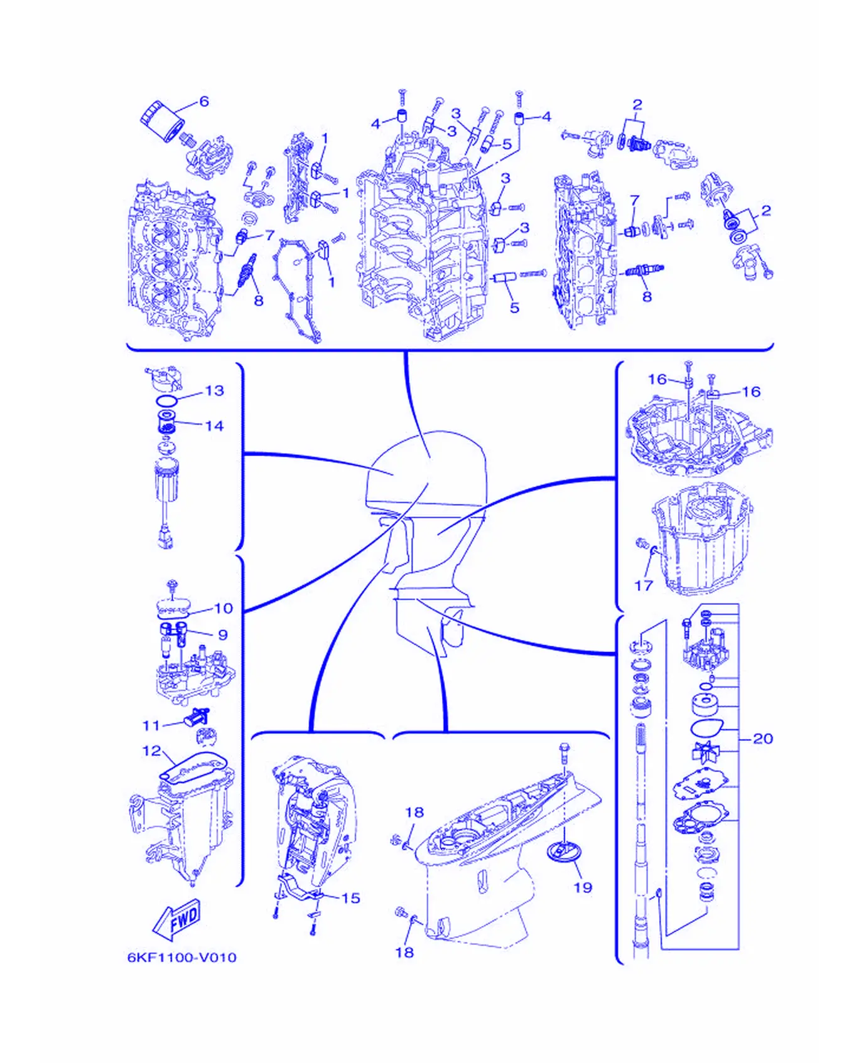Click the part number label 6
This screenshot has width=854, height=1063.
(x=203, y=101)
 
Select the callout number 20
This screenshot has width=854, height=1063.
(x=762, y=739)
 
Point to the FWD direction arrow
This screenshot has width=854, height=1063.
(x=176, y=920)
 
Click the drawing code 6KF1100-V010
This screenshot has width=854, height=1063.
(x=182, y=958)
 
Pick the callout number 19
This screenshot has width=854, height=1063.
(x=583, y=887)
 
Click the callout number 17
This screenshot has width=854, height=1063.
(x=644, y=585)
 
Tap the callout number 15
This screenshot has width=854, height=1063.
(x=350, y=898)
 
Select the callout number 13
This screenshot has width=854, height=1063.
(x=214, y=390)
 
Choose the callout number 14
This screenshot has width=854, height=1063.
(x=214, y=426)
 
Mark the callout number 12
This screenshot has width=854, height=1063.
(x=152, y=751)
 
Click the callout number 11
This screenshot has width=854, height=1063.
(x=151, y=725)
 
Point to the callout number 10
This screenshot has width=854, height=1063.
(x=224, y=608)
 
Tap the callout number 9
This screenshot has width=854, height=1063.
(x=222, y=635)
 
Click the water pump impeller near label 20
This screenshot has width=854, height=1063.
(x=705, y=751)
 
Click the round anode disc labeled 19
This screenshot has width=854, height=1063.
(x=564, y=852)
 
